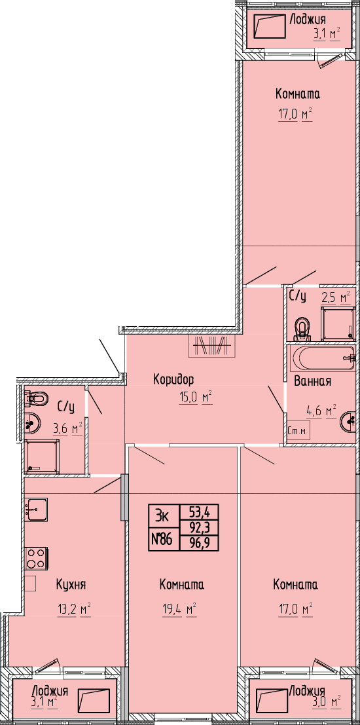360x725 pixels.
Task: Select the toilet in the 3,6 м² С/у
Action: point(37,397)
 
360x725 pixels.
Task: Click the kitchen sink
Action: point(37,510)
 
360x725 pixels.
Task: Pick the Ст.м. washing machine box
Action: point(298,432)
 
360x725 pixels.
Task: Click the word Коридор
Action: point(173,380)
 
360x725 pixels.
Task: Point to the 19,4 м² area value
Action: point(177,610)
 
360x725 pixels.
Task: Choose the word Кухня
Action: point(71,584)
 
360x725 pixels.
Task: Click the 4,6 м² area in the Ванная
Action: point(321,410)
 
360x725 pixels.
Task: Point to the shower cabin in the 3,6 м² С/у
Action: point(42,456)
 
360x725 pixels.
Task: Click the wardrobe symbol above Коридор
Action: point(212,345)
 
